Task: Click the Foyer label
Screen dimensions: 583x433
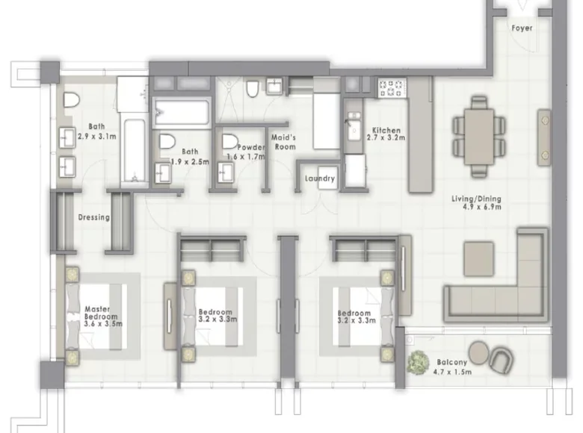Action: click(x=522, y=28)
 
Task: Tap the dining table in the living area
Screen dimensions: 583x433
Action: click(x=479, y=137)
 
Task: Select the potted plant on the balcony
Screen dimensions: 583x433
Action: click(x=419, y=362)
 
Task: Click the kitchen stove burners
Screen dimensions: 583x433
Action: click(x=392, y=88)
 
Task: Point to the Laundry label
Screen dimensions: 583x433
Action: click(x=320, y=178)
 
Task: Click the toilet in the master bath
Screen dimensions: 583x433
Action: click(x=72, y=100)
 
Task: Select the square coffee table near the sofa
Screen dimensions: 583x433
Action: click(x=479, y=259)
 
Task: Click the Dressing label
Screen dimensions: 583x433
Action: click(x=93, y=217)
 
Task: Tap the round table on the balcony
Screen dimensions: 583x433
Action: click(x=479, y=353)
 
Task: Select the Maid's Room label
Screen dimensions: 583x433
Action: click(x=285, y=143)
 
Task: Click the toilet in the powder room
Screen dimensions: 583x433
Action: click(x=230, y=142)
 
